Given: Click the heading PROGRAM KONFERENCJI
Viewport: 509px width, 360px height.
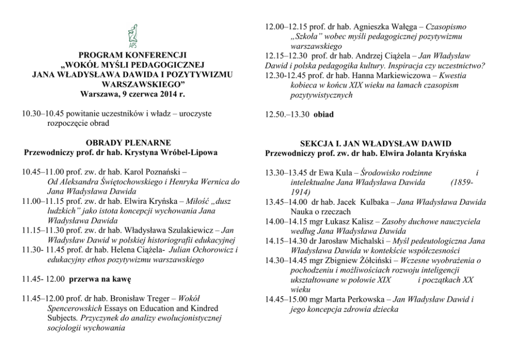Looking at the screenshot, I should click(133, 55).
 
